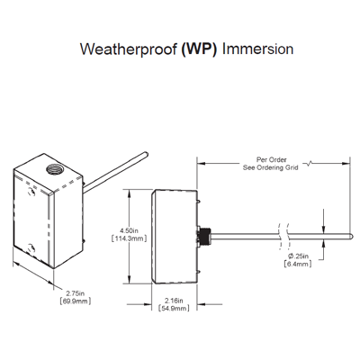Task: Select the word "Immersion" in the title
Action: [261, 48]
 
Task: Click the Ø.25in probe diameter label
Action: [300, 256]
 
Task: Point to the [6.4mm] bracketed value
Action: [300, 265]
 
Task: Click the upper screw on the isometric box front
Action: [31, 192]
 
